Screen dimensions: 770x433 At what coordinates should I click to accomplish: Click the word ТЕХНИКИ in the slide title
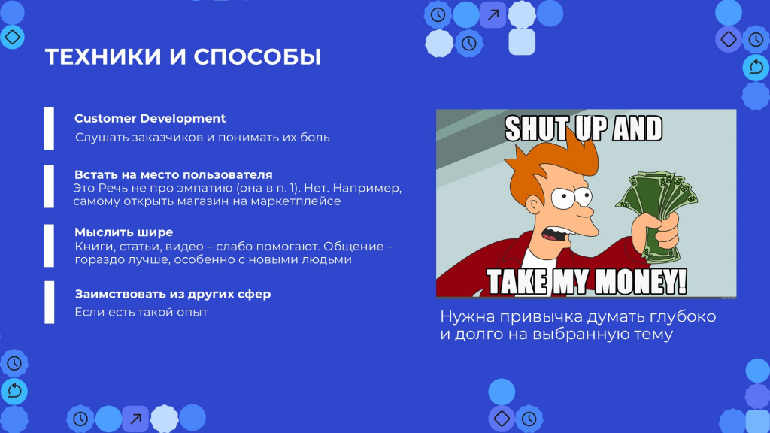pos(103,56)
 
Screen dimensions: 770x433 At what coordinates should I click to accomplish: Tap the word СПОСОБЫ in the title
pos(257,56)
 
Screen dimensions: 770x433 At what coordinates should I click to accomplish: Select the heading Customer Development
pos(150,118)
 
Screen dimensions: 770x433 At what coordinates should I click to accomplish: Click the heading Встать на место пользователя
pos(174,174)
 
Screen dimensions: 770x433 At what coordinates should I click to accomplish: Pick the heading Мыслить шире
pos(124,232)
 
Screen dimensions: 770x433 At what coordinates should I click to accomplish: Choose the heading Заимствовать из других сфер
pos(173,294)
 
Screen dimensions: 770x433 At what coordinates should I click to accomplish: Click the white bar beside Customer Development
pos(49,129)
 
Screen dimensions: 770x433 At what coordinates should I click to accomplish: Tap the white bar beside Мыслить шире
pos(49,246)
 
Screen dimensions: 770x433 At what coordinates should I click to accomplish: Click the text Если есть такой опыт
pos(141,312)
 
